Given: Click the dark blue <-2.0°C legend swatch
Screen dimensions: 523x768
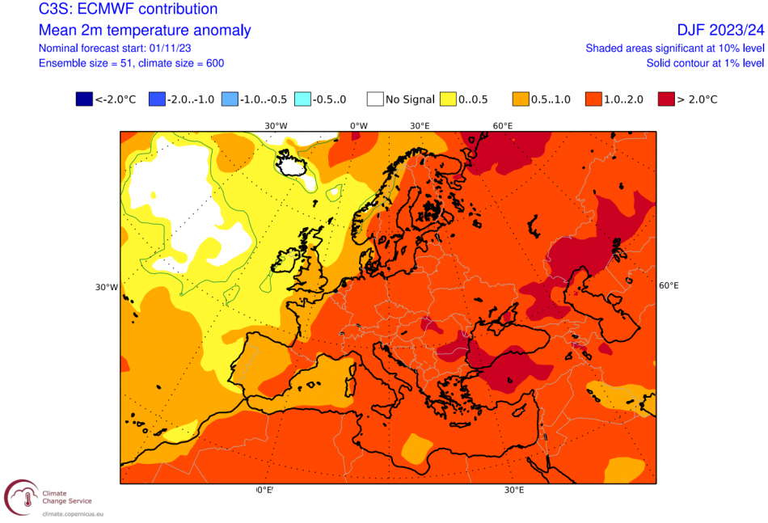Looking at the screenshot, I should (84, 99).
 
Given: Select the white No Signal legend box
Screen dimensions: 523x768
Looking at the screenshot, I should (374, 99).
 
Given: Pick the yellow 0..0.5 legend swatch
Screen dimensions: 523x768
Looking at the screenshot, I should (447, 99).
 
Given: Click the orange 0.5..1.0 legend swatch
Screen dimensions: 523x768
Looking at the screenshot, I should (521, 99).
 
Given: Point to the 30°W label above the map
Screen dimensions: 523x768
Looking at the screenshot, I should (276, 125).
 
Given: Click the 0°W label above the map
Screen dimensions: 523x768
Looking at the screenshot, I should (358, 125).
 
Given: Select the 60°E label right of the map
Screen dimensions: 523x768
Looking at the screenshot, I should (669, 285).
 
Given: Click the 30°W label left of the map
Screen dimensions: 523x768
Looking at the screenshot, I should (107, 287).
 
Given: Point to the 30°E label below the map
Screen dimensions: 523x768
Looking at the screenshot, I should (514, 491).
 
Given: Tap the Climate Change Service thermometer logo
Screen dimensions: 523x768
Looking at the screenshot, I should (22, 497).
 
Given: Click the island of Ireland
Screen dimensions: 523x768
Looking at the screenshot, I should (287, 264).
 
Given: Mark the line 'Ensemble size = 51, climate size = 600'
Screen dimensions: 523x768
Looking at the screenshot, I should (132, 63).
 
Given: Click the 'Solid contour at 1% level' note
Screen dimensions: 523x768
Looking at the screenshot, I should (705, 63).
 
